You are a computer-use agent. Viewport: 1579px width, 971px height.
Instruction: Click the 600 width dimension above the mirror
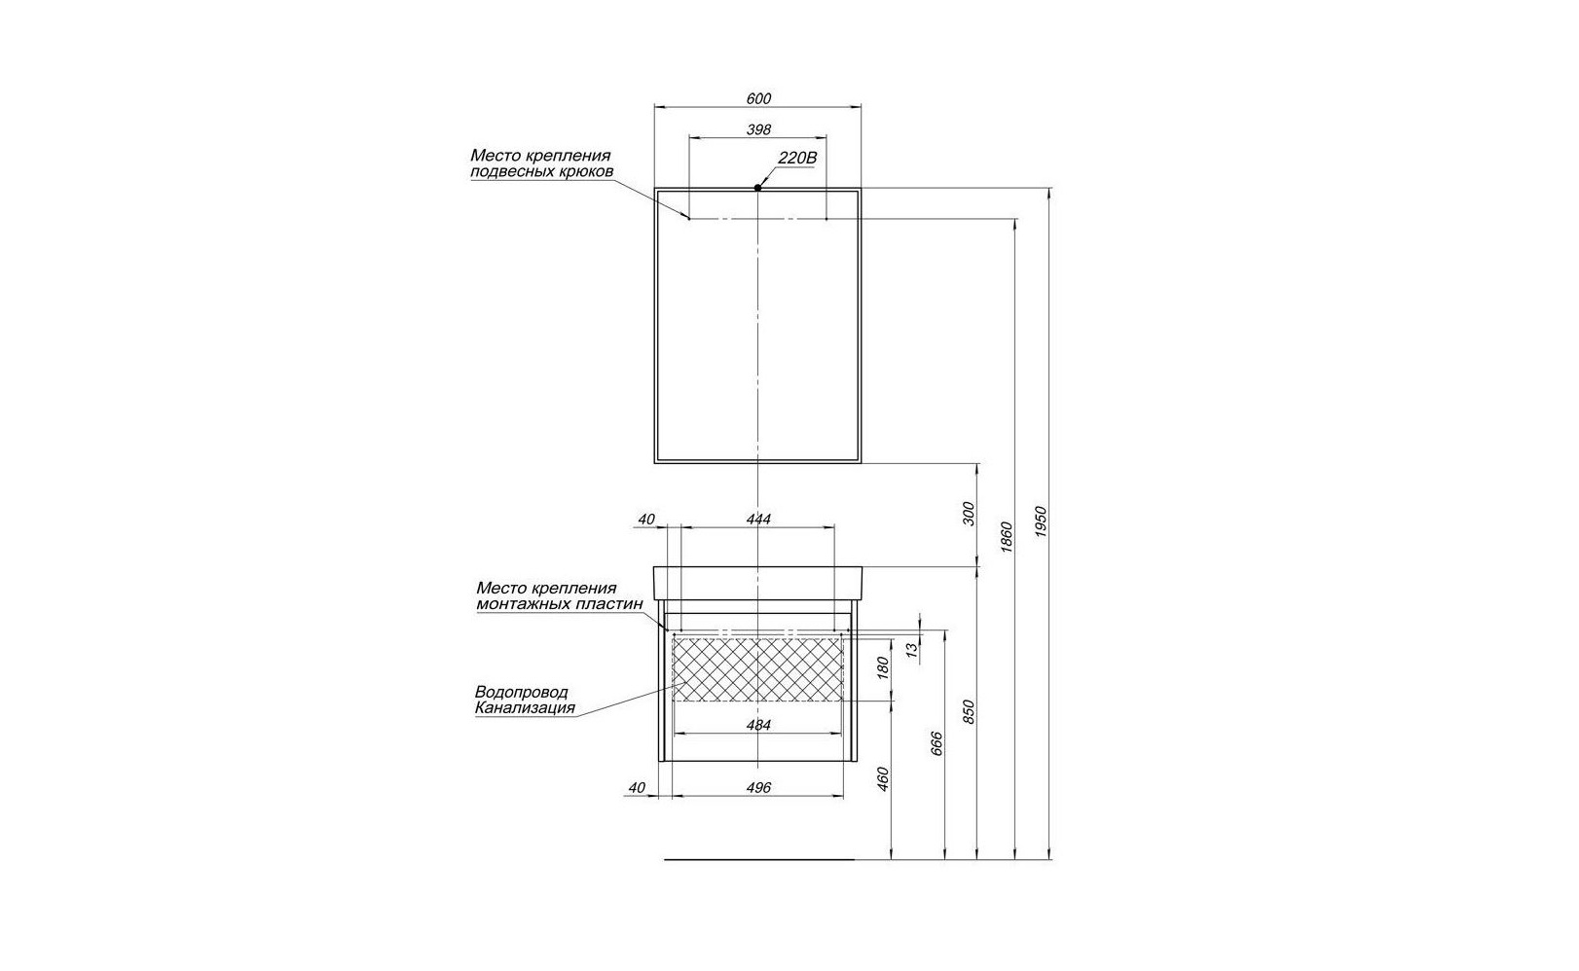(x=758, y=98)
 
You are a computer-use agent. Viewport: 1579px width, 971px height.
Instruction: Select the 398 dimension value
(x=758, y=129)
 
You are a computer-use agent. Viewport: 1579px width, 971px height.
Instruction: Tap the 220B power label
(x=797, y=158)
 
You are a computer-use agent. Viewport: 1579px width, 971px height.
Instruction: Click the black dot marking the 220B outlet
(x=757, y=188)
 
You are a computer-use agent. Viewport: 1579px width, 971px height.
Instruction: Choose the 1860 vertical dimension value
(x=1007, y=537)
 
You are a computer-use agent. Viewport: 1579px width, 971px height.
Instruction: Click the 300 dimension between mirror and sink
(x=969, y=513)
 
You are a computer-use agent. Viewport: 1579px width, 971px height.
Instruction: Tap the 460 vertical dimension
(x=884, y=778)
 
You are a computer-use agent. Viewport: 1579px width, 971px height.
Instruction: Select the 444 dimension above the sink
(x=758, y=520)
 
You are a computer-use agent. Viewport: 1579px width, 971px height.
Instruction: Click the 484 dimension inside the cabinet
(x=758, y=725)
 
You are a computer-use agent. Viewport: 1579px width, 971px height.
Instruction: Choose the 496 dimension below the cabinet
(x=758, y=788)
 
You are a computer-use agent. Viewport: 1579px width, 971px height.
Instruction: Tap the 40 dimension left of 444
(x=646, y=520)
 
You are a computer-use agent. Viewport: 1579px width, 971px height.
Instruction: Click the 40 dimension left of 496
(x=637, y=788)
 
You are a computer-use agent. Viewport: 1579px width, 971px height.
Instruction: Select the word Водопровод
(x=522, y=692)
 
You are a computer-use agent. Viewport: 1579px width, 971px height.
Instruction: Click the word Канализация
(x=525, y=708)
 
